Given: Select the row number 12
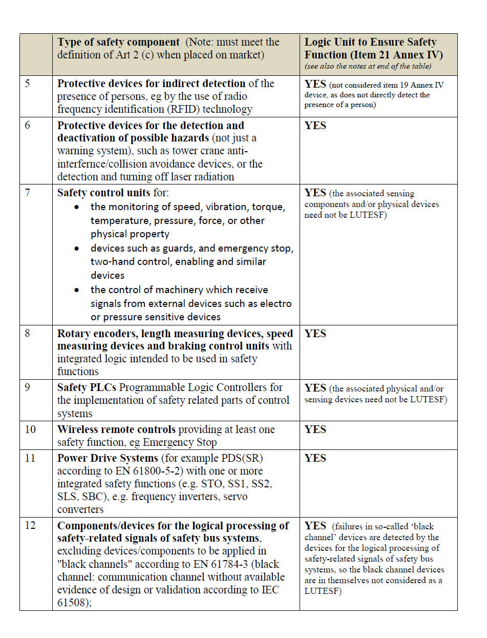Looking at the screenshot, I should coord(31,526).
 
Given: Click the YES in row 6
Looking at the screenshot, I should coord(315,126).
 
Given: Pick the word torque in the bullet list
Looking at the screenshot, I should coord(248,207).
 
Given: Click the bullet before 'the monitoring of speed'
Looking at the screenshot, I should coord(77,208).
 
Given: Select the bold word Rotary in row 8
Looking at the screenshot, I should coord(75,334).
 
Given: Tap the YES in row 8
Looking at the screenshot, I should coord(315,334).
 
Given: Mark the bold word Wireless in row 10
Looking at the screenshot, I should coord(77,429).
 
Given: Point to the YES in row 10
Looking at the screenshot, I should coord(315,430).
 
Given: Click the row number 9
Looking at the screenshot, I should coord(28,388).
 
